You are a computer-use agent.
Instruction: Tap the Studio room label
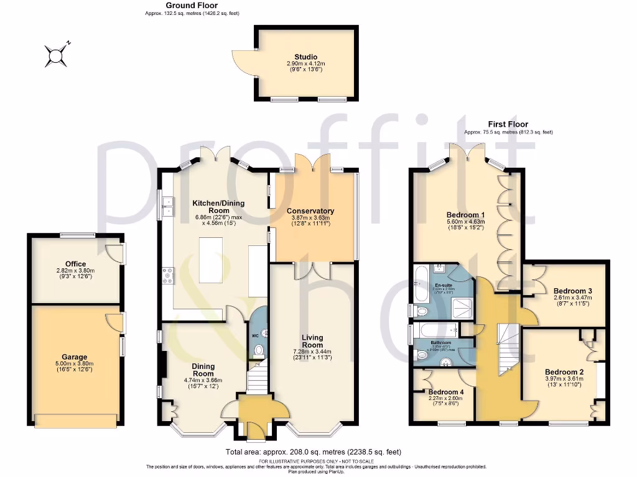(x=305, y=57)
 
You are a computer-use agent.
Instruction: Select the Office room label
(x=75, y=264)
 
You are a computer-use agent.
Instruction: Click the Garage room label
(x=74, y=357)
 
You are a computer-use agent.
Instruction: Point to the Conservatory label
(x=310, y=211)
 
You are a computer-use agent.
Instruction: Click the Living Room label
(x=312, y=341)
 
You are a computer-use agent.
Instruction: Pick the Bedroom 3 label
(x=572, y=291)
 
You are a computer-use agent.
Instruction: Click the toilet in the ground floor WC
(x=259, y=350)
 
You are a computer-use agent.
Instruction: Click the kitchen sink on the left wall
(x=167, y=206)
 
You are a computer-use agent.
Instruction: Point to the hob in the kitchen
(x=167, y=275)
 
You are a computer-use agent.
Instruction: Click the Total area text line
(x=317, y=452)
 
